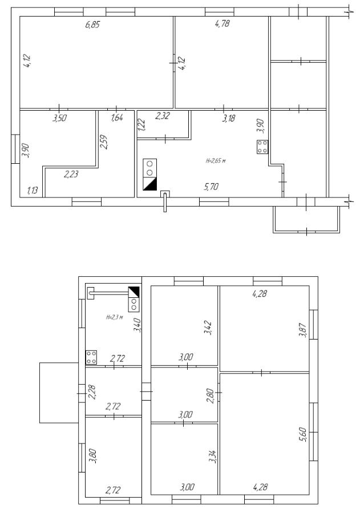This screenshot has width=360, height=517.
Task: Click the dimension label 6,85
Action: click(x=92, y=25)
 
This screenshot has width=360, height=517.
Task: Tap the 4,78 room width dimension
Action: click(x=222, y=24)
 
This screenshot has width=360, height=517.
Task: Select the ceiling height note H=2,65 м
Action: click(x=216, y=161)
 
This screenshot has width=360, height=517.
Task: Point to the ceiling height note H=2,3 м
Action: click(x=115, y=317)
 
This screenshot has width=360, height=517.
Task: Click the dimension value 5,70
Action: click(x=211, y=187)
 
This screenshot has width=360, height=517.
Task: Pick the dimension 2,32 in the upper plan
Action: click(x=163, y=116)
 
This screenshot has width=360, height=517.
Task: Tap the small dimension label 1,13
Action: click(x=33, y=190)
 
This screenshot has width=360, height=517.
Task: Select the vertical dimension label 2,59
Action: click(x=104, y=142)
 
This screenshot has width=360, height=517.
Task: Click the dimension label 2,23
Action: click(x=71, y=173)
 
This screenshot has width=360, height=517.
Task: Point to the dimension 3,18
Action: click(x=228, y=118)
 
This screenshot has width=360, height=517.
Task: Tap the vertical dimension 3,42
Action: click(x=208, y=328)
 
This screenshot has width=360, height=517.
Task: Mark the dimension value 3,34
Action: click(x=213, y=457)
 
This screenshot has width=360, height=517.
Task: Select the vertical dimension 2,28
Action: click(x=92, y=393)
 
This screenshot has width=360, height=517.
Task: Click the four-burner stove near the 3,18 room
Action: click(x=262, y=147)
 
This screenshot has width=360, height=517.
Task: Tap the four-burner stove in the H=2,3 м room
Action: click(x=91, y=357)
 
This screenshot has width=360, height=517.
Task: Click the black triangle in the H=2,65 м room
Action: click(x=149, y=184)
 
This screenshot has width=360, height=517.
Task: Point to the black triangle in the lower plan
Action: click(x=134, y=292)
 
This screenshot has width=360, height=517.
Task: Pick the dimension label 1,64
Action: click(x=117, y=118)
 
